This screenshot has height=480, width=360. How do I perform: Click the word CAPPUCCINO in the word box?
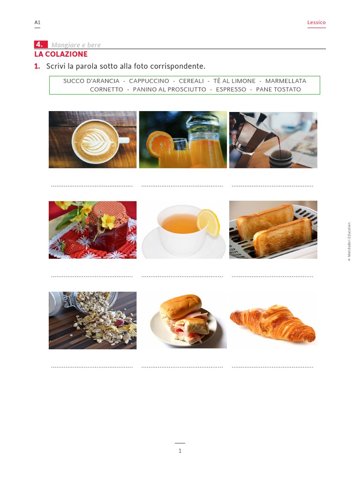[149, 81]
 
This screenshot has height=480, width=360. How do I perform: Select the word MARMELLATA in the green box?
[285, 81]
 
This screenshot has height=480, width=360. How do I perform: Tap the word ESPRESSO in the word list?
[231, 90]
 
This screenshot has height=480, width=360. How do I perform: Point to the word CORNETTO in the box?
[106, 90]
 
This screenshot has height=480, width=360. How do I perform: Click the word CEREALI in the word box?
[191, 81]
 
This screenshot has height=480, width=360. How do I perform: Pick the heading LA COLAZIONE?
[60, 54]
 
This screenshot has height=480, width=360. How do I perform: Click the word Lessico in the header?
[316, 22]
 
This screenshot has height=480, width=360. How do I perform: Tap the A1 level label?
[37, 22]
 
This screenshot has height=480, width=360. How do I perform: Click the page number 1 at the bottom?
[180, 451]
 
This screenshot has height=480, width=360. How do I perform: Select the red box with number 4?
[40, 45]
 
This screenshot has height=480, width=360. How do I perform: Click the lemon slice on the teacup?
[209, 222]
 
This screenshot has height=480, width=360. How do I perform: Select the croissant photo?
[273, 322]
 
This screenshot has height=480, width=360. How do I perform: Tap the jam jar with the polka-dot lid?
[109, 228]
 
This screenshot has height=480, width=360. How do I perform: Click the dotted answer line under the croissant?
[272, 367]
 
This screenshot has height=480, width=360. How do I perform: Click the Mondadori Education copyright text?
[349, 241]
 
